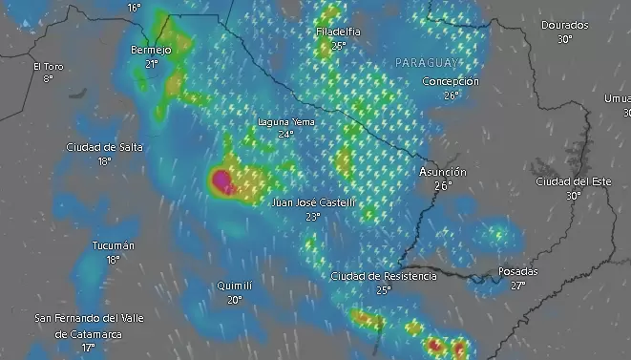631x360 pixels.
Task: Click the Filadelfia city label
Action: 338,32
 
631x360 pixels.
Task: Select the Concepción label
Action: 451,82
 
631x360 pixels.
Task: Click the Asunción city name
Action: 443,172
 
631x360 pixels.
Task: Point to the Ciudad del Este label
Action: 573,181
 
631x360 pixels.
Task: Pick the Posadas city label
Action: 518,272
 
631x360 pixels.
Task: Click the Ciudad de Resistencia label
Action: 384,276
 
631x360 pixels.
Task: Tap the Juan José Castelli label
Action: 313,203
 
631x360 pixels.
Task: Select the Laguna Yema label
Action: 285,122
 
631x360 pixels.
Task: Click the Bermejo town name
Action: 151,50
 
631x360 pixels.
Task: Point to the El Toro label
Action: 48,67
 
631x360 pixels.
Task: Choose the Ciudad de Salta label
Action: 104,147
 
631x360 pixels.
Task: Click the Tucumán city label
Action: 113,246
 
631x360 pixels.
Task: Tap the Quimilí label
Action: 234,286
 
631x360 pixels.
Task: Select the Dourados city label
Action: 564,26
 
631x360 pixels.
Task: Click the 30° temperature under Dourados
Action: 564,39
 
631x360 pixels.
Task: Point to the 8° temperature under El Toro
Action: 48,78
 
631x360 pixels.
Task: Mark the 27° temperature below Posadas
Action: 518,285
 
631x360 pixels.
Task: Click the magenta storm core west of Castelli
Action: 223,179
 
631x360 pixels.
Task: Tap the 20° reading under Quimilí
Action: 234,299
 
